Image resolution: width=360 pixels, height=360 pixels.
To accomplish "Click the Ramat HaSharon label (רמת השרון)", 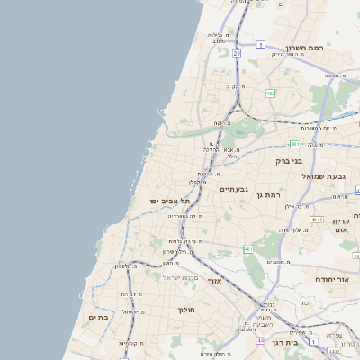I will [304, 47].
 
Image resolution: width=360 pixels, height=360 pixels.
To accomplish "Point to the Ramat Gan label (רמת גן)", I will [269, 194].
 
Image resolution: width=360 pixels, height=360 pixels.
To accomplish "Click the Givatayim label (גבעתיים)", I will [233, 189].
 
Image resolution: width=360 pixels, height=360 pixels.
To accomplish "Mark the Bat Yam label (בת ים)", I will [98, 317].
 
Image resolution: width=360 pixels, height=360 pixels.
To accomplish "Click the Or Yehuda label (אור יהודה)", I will [331, 280].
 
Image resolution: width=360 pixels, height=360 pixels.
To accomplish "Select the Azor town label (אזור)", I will [215, 281].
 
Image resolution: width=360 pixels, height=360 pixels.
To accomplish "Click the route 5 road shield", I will [260, 44].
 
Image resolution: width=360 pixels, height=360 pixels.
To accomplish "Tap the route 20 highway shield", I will [237, 54].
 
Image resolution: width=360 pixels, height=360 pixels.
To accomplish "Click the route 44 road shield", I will [261, 340].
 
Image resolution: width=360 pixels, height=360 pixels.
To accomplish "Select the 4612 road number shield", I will [316, 219].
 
